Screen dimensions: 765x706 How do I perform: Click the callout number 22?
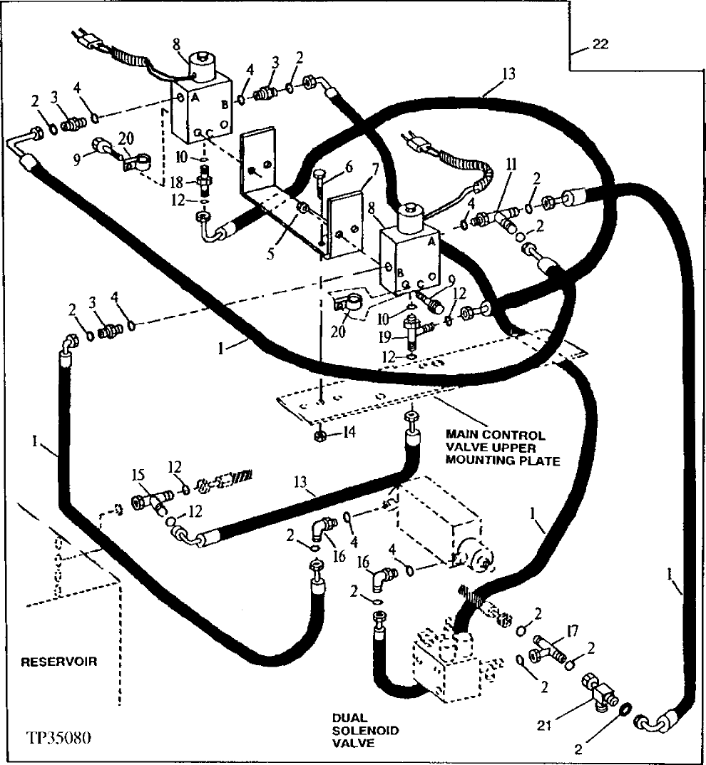(x=600, y=45)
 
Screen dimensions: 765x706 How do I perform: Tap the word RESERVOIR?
(x=58, y=661)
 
